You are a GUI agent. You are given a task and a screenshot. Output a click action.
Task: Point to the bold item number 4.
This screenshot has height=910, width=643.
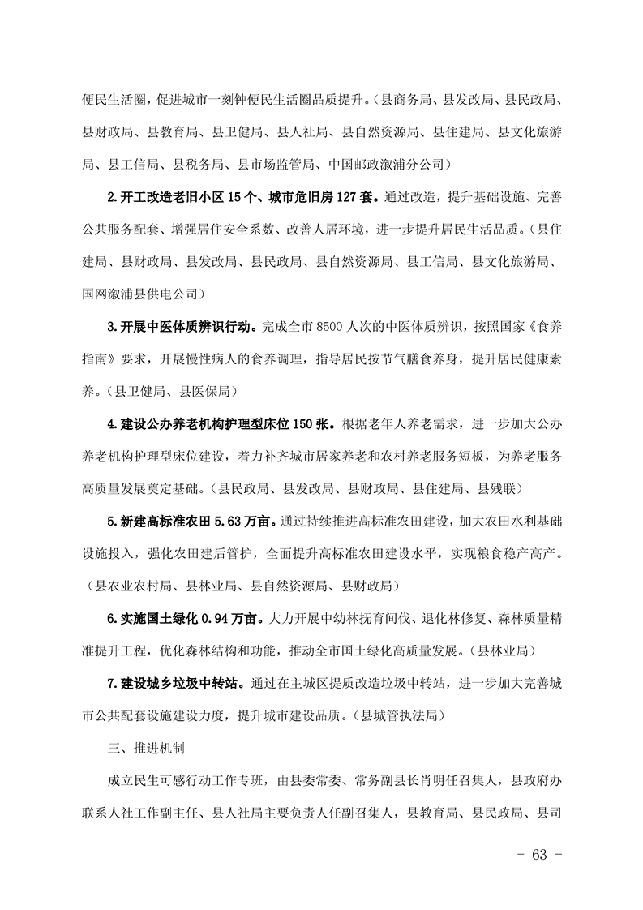point(111,424)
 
